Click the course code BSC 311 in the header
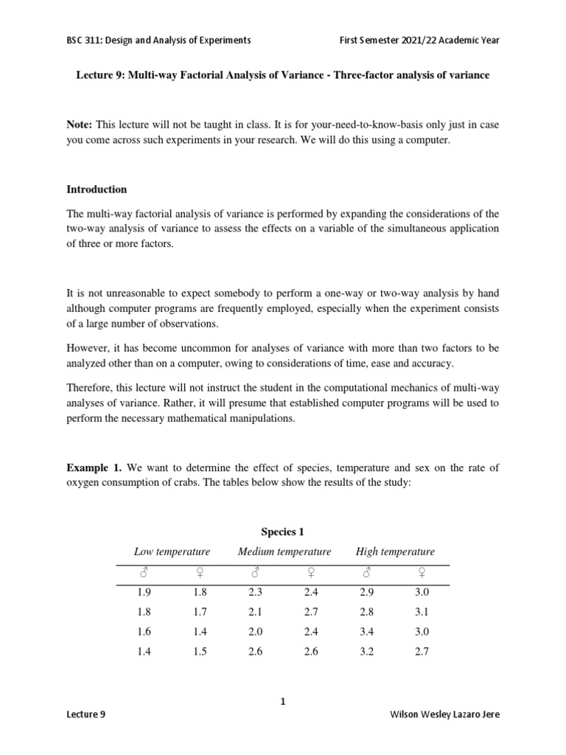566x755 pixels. (x=86, y=40)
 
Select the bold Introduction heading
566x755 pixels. (x=97, y=189)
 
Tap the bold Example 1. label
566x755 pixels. (x=94, y=467)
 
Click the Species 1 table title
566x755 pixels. (x=283, y=532)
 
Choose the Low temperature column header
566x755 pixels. (x=172, y=552)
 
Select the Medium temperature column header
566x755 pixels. (x=284, y=552)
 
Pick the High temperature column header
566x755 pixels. (x=395, y=552)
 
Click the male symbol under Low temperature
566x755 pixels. (x=144, y=571)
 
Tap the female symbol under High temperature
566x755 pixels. (x=422, y=571)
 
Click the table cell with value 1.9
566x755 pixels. (x=144, y=592)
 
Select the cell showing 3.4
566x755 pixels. (x=366, y=632)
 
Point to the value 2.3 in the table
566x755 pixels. (x=255, y=592)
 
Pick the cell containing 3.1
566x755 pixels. (x=422, y=612)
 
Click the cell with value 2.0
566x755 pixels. (x=255, y=632)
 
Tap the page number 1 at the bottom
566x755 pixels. (x=283, y=702)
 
